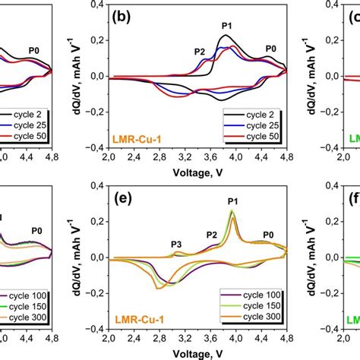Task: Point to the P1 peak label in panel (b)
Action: [227, 27]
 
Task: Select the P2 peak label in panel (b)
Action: [200, 52]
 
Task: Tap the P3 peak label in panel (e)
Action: [176, 244]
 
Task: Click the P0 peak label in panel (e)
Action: [269, 235]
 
